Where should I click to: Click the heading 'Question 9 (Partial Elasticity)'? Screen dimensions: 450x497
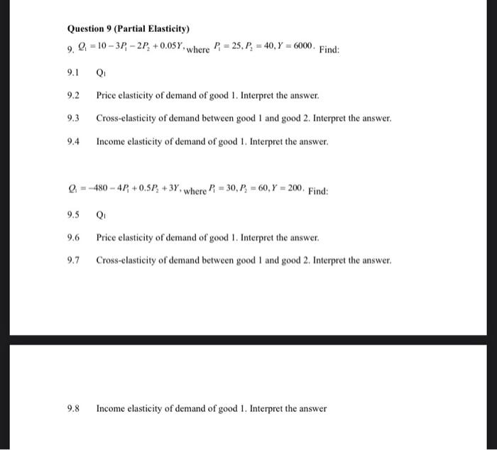pos(129,29)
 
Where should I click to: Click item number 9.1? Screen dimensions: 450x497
pos(73,72)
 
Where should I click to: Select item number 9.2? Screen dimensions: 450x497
pos(73,95)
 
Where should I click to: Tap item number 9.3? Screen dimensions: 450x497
pos(73,119)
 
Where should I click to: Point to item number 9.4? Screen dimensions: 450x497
pos(73,142)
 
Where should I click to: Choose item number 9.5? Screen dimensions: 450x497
pos(73,214)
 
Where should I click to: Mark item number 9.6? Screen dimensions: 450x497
pos(73,238)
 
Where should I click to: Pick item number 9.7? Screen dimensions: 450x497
pos(73,260)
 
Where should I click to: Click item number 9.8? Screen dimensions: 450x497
pos(73,409)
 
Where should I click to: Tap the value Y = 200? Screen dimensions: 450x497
pos(288,190)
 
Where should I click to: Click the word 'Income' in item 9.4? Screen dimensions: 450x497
pos(111,142)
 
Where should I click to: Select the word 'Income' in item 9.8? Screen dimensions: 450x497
pos(111,409)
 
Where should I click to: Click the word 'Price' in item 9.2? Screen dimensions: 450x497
pos(106,95)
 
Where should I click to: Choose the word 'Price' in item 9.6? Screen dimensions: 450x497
pos(106,238)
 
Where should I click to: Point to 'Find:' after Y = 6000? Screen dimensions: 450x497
pos(329,50)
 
